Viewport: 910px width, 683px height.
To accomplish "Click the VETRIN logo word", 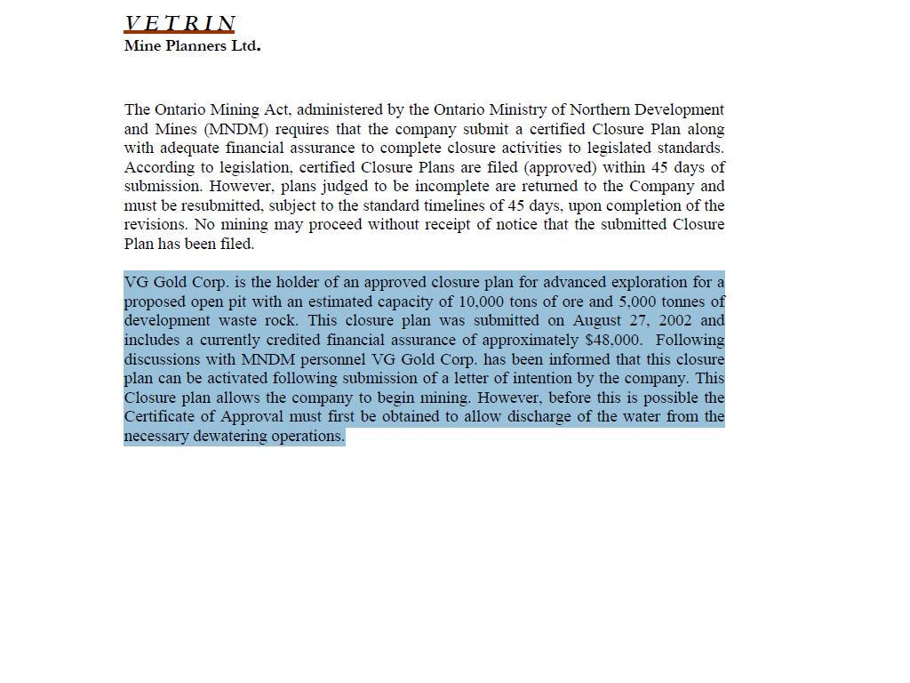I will click(x=180, y=24).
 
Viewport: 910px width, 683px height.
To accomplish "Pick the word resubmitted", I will click(x=222, y=205).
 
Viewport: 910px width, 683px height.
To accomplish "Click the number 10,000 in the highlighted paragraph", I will click(x=482, y=301).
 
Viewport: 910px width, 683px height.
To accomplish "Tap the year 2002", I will click(x=676, y=320).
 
